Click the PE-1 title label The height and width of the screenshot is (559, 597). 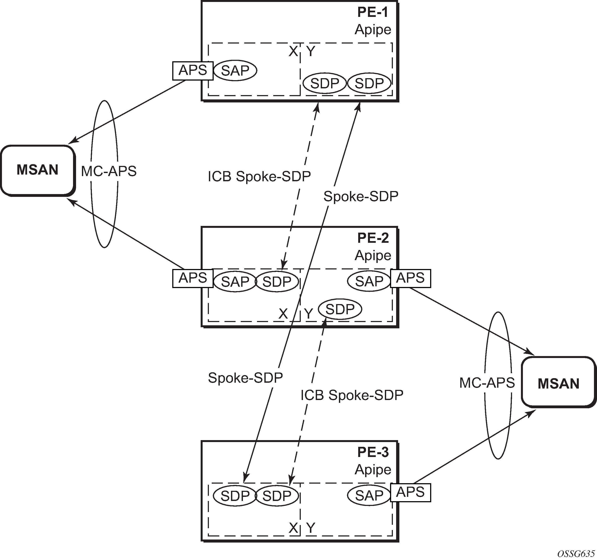373,12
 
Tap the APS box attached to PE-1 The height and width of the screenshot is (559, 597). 193,71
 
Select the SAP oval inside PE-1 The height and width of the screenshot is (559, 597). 235,71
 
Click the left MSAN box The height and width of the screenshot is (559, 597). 37,170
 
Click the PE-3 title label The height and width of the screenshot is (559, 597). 373,452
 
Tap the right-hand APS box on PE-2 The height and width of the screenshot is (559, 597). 410,278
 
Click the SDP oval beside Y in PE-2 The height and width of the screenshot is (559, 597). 340,309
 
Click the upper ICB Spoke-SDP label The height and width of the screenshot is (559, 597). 259,177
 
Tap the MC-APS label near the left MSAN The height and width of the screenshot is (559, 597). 109,171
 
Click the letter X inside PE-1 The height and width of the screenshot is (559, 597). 293,52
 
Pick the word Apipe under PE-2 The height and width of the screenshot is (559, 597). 373,256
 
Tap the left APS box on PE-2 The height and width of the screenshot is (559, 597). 193,278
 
